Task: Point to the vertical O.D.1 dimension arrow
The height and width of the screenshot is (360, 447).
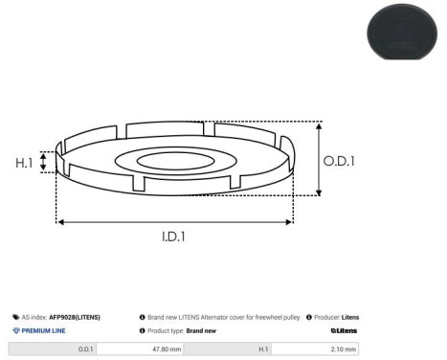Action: click(x=320, y=158)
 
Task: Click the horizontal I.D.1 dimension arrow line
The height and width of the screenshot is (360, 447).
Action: click(x=174, y=221)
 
